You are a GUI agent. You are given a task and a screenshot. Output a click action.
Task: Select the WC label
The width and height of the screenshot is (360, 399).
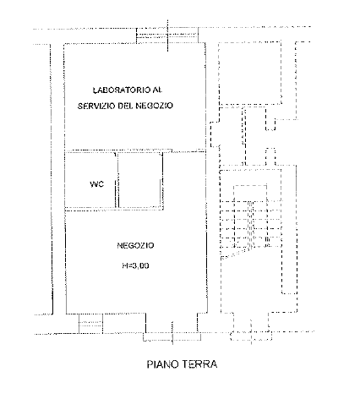tap(96, 184)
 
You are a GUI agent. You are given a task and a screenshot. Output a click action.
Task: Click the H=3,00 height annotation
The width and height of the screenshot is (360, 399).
tap(135, 265)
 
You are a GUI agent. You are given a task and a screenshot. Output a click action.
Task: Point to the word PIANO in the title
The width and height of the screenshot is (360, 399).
tap(162, 364)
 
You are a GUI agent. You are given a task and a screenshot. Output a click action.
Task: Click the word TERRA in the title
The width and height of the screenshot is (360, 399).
tap(199, 364)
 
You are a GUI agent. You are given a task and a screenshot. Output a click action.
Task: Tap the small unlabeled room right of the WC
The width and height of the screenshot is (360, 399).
tap(139, 180)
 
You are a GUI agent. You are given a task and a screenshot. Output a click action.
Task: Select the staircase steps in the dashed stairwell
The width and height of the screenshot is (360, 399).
tap(251, 226)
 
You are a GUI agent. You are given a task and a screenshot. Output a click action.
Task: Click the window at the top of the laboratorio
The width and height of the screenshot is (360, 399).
tap(167, 36)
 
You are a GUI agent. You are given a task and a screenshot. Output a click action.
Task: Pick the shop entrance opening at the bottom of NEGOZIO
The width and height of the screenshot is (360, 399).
tap(172, 337)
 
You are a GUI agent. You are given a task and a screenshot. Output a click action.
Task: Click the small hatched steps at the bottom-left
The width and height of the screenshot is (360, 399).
tap(90, 324)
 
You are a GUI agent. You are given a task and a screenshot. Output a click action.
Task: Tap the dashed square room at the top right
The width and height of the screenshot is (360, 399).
tap(250, 74)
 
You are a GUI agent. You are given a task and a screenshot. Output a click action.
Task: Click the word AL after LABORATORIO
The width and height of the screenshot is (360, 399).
tap(157, 90)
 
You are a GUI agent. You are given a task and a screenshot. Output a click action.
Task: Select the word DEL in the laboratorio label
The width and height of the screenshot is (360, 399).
tap(125, 106)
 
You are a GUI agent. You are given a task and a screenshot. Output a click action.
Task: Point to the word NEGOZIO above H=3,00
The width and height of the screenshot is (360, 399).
tap(135, 245)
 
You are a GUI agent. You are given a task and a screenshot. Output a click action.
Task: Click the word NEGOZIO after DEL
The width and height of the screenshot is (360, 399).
tap(154, 106)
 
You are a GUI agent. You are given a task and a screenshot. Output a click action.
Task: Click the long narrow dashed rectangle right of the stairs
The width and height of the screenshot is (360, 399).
tap(289, 230)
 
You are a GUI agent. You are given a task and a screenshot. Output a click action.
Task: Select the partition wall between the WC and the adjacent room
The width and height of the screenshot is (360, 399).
tap(117, 180)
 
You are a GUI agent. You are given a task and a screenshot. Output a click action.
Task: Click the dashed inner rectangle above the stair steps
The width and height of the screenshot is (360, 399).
tap(250, 193)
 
